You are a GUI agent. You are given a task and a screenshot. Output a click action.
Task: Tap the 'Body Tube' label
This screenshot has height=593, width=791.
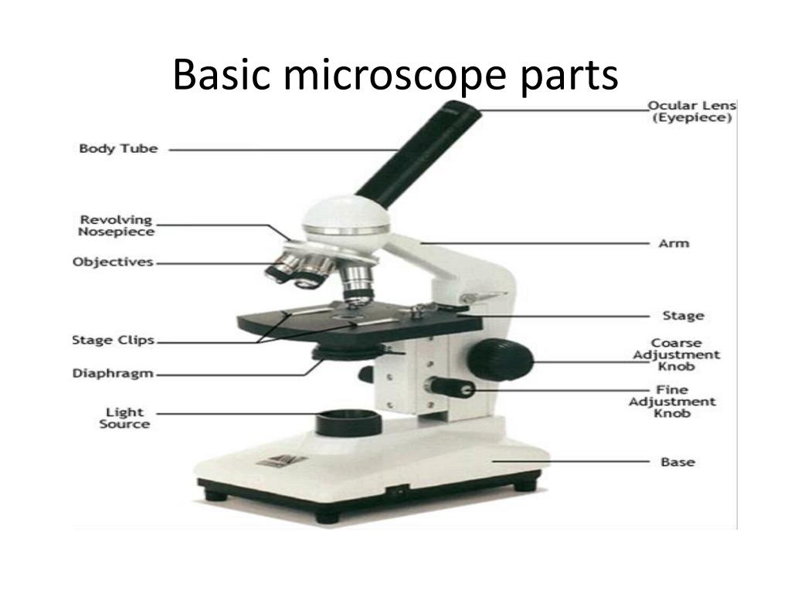pyautogui.click(x=118, y=148)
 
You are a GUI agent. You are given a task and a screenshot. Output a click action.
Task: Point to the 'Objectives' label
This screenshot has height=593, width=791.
pyautogui.click(x=113, y=262)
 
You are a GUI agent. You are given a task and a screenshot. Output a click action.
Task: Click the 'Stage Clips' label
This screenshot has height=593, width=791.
pyautogui.click(x=113, y=340)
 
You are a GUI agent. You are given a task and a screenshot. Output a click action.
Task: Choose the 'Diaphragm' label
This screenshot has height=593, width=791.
pyautogui.click(x=113, y=374)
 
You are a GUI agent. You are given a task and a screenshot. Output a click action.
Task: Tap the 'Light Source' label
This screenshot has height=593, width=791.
pyautogui.click(x=124, y=418)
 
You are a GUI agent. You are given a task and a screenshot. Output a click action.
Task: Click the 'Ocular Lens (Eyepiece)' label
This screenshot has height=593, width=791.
pyautogui.click(x=691, y=111)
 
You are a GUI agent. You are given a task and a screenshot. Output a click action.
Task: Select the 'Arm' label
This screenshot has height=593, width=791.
pyautogui.click(x=674, y=243)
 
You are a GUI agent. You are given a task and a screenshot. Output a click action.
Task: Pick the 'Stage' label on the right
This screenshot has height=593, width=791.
pyautogui.click(x=683, y=315)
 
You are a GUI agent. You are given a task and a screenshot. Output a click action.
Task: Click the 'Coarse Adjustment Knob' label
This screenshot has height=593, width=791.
pyautogui.click(x=676, y=354)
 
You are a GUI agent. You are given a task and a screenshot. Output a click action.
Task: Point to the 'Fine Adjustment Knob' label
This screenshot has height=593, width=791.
pyautogui.click(x=672, y=402)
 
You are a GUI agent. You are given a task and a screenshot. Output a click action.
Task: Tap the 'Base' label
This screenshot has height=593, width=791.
pyautogui.click(x=677, y=462)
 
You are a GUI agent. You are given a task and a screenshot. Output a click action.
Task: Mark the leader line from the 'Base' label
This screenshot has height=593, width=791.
pyautogui.click(x=572, y=461)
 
